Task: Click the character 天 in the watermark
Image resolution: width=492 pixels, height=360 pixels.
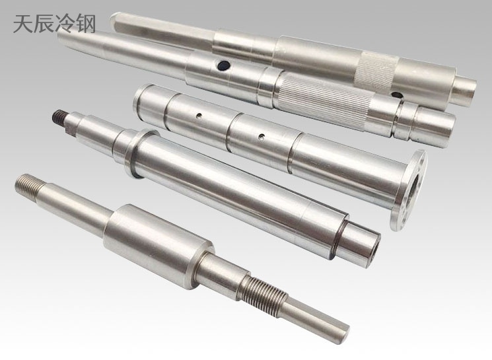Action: point(23,24)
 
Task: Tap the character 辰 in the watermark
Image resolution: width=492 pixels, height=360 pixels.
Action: point(44,24)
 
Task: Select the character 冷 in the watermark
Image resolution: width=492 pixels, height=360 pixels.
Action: point(65,24)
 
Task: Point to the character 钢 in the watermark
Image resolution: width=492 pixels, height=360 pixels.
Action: point(85,24)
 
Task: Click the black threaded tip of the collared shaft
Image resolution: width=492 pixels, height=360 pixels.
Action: point(58,117)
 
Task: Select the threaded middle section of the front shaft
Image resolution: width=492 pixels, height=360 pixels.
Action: point(263,287)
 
